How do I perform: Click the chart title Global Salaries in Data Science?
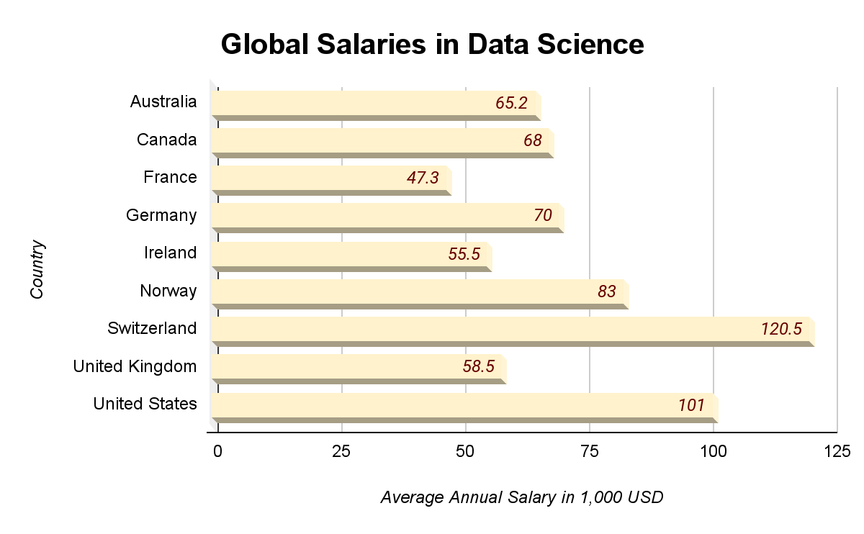[x=432, y=44]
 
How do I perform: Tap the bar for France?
[x=330, y=178]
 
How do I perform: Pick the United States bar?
[x=464, y=405]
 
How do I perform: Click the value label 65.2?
[x=511, y=103]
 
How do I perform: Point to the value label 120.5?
[x=781, y=330]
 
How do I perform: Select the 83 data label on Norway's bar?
[x=607, y=291]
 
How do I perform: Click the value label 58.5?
[x=478, y=367]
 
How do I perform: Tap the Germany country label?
[x=161, y=215]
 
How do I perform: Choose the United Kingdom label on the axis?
[x=135, y=367]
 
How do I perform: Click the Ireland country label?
[x=170, y=253]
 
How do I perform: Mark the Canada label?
[x=166, y=140]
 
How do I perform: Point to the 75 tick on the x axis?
[x=590, y=451]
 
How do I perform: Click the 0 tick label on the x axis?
[x=217, y=451]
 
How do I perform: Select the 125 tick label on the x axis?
[x=837, y=451]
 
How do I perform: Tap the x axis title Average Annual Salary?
[x=521, y=497]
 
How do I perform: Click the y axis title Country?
[x=37, y=270]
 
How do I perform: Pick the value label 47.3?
[x=423, y=178]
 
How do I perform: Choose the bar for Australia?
[x=375, y=103]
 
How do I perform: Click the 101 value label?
[x=691, y=405]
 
